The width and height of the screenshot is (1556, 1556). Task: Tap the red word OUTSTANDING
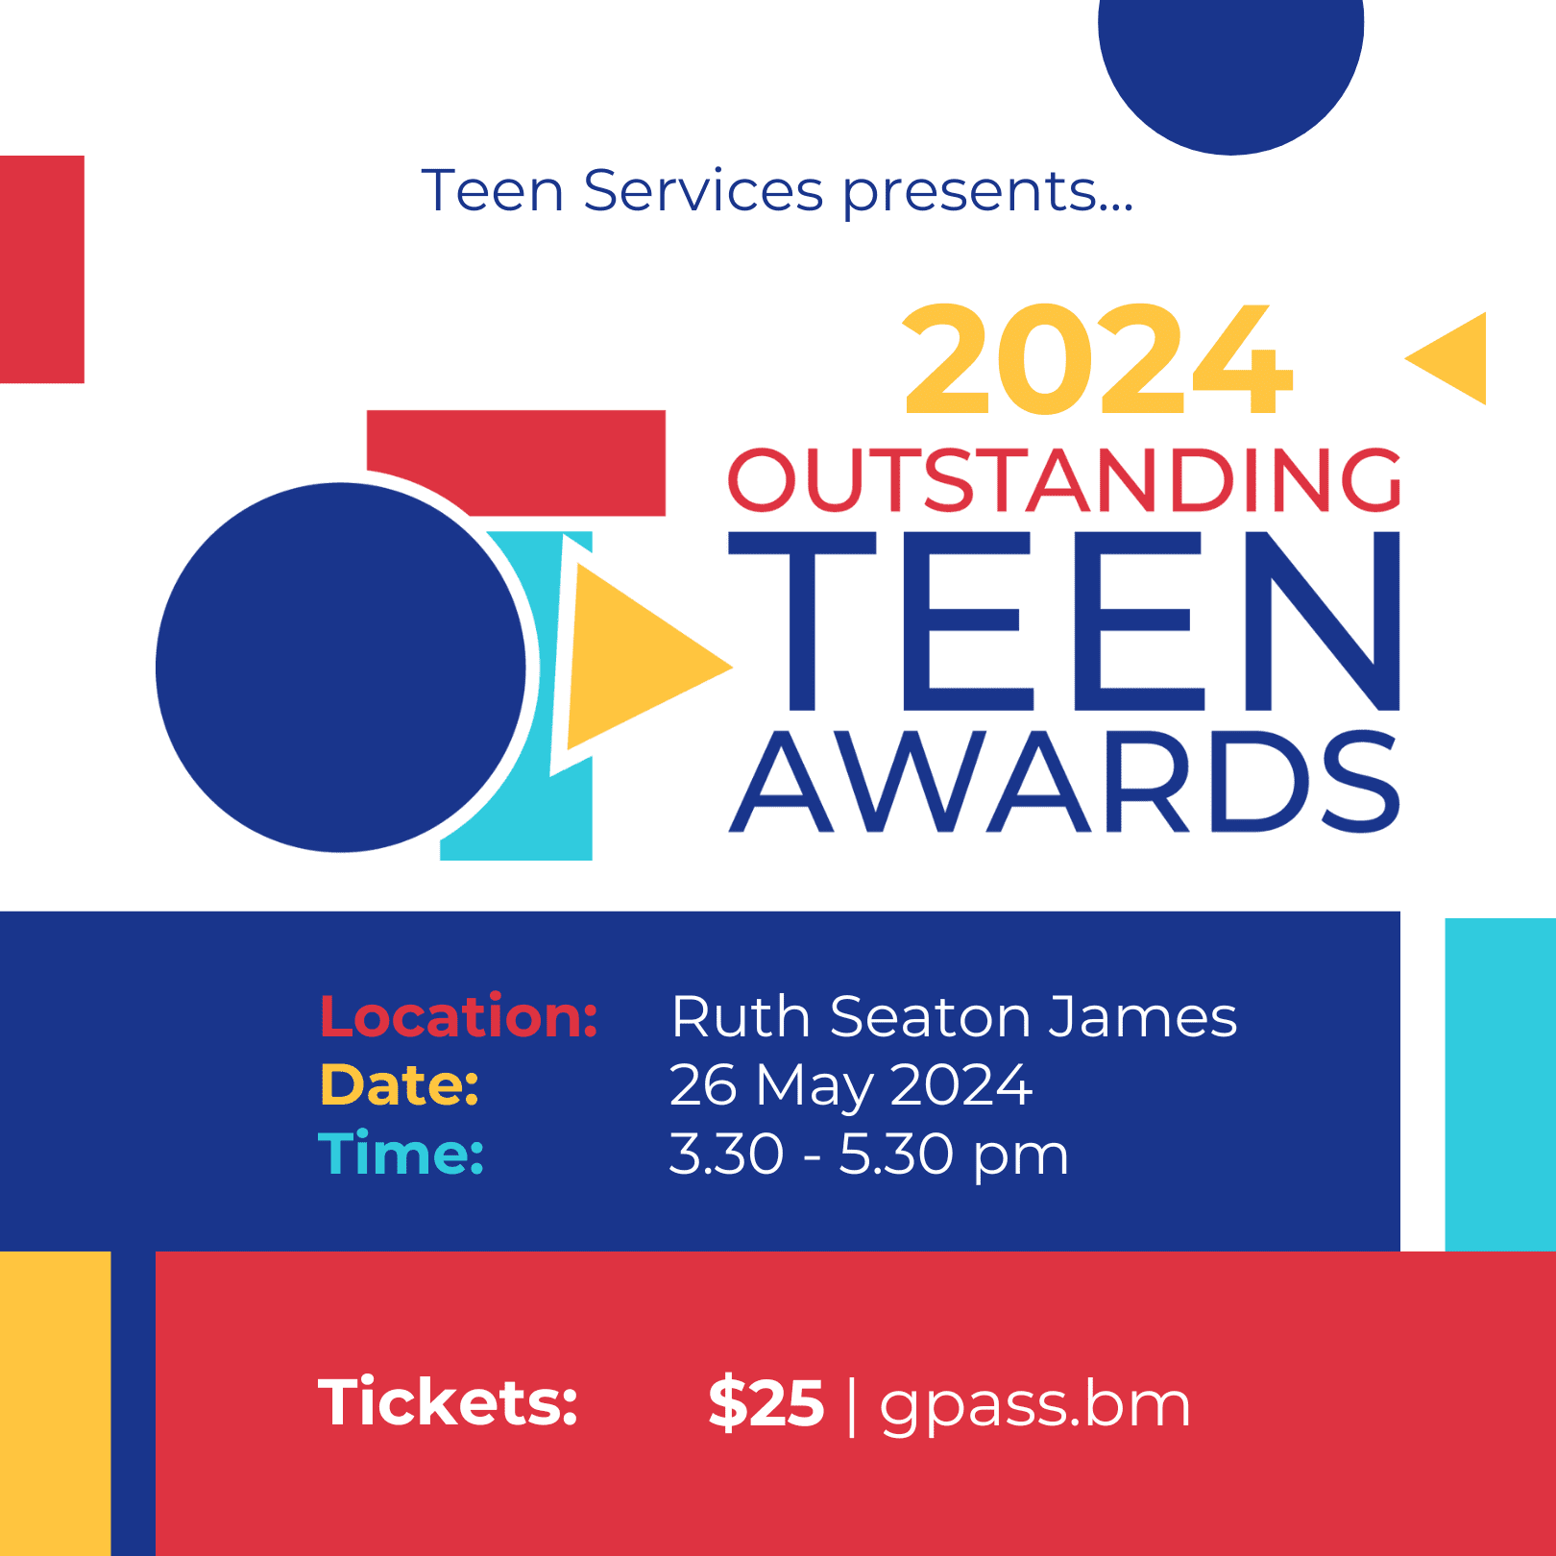click(1064, 479)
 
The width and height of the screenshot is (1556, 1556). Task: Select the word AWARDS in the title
click(1064, 781)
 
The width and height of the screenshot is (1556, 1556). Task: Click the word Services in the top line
click(703, 190)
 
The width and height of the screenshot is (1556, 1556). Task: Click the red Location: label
click(459, 1016)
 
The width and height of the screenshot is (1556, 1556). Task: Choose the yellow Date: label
click(400, 1084)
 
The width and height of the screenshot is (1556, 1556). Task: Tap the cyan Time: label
click(401, 1153)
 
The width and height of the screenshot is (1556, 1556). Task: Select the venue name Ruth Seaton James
click(954, 1016)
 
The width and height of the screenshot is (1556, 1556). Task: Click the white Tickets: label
click(449, 1402)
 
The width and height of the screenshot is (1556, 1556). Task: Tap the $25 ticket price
click(766, 1403)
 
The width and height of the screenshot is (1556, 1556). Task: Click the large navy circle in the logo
click(341, 668)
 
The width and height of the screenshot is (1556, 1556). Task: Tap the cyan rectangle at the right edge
click(1500, 1084)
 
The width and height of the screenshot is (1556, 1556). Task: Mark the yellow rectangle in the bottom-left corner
click(56, 1403)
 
